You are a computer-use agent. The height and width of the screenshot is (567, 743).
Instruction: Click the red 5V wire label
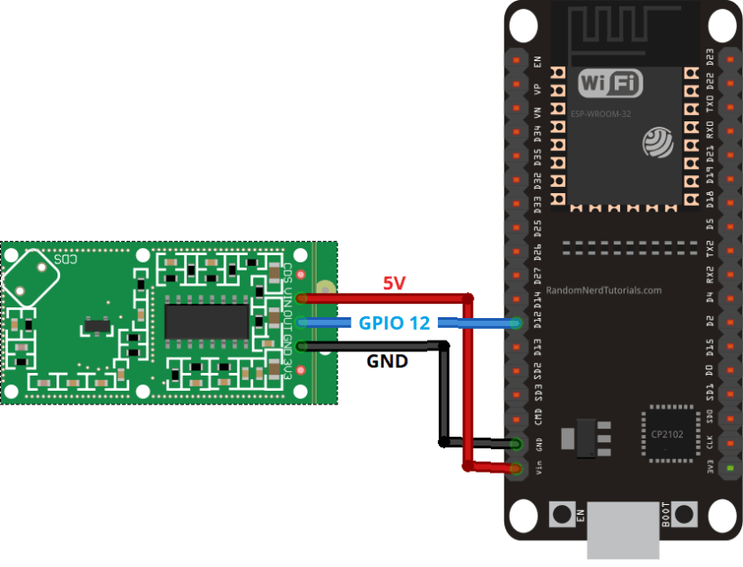[x=395, y=283]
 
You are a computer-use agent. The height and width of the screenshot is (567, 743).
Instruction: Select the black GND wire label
[x=387, y=362]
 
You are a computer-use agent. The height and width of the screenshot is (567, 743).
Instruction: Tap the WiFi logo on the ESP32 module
[x=611, y=84]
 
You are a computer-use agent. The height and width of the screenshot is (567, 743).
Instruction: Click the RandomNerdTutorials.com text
[x=603, y=290]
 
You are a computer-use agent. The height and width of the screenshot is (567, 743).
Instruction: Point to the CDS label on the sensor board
[x=66, y=259]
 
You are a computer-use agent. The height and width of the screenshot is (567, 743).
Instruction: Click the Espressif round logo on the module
[x=657, y=142]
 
